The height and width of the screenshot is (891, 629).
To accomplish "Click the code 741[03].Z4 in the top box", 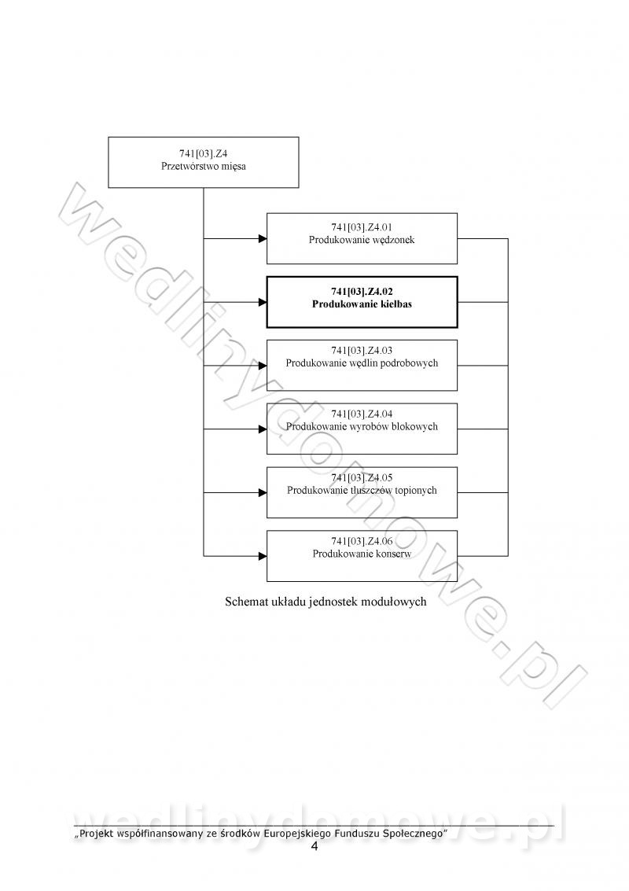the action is pyautogui.click(x=204, y=154).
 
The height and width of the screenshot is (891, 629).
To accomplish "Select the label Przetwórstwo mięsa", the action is pyautogui.click(x=204, y=167).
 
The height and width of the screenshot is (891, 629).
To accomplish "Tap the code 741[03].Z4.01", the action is pyautogui.click(x=362, y=227).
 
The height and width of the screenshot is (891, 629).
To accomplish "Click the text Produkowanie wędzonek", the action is pyautogui.click(x=362, y=241).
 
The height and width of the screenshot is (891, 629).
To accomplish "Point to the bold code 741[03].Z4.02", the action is pyautogui.click(x=362, y=292).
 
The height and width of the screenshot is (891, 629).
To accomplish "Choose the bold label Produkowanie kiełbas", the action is pyautogui.click(x=362, y=304).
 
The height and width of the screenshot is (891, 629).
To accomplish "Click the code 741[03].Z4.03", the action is pyautogui.click(x=362, y=351).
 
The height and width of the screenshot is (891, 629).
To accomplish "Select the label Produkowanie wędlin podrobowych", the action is pyautogui.click(x=362, y=363).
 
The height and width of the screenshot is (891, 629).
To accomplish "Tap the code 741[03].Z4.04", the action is pyautogui.click(x=362, y=414).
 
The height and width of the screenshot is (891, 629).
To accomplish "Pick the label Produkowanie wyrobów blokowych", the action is pyautogui.click(x=362, y=427).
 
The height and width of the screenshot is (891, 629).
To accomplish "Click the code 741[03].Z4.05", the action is pyautogui.click(x=362, y=478).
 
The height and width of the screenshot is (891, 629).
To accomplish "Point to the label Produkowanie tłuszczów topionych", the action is pyautogui.click(x=362, y=491).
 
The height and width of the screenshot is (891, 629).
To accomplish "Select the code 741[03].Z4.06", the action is pyautogui.click(x=362, y=542).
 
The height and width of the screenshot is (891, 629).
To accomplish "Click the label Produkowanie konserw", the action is pyautogui.click(x=362, y=554).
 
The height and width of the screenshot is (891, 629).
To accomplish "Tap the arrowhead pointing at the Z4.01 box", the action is pyautogui.click(x=263, y=238).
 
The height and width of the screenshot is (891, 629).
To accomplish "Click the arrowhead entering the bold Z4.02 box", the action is pyautogui.click(x=263, y=302).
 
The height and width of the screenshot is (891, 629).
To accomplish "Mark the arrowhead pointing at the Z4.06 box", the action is pyautogui.click(x=263, y=556).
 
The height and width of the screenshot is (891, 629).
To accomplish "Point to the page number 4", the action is pyautogui.click(x=314, y=847).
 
